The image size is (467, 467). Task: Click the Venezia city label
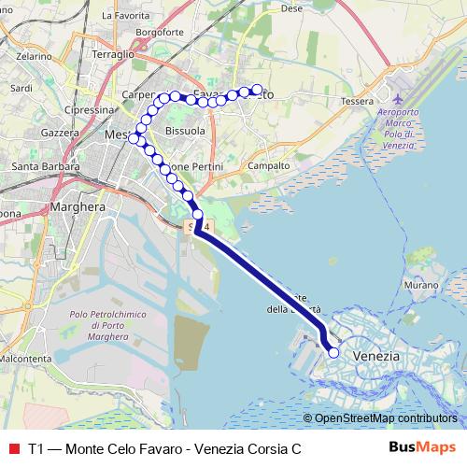(377, 357)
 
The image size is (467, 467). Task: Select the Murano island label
(421, 283)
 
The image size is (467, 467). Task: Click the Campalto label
(269, 165)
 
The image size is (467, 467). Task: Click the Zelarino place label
(33, 56)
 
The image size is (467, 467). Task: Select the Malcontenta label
(25, 358)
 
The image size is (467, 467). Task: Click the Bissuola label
(184, 131)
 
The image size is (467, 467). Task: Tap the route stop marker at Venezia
(333, 352)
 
